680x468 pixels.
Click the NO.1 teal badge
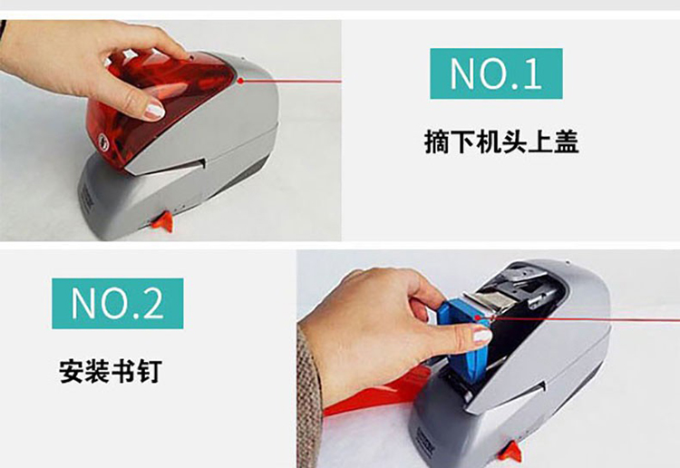[496, 73]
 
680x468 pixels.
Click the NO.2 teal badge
[118, 304]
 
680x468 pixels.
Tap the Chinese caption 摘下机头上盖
[501, 141]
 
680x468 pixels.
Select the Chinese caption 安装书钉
[111, 371]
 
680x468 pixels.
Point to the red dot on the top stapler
[240, 80]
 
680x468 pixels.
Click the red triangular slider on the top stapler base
[162, 220]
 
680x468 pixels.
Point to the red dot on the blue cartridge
[478, 318]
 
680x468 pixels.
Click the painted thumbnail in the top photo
[154, 110]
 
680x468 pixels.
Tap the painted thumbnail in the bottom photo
[481, 336]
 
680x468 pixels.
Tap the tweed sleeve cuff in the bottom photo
[309, 399]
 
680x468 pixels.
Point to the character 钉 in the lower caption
[150, 371]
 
